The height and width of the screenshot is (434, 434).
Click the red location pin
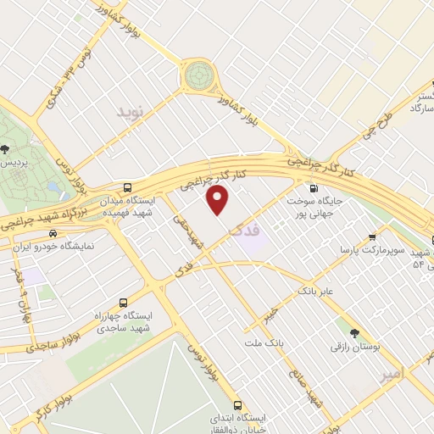click(219, 200)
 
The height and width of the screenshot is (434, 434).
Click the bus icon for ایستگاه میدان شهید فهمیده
click(127, 187)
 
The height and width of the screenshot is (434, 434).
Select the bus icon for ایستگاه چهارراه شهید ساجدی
click(125, 302)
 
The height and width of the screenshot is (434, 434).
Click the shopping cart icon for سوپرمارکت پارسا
click(372, 239)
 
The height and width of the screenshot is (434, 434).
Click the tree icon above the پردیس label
click(7, 148)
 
